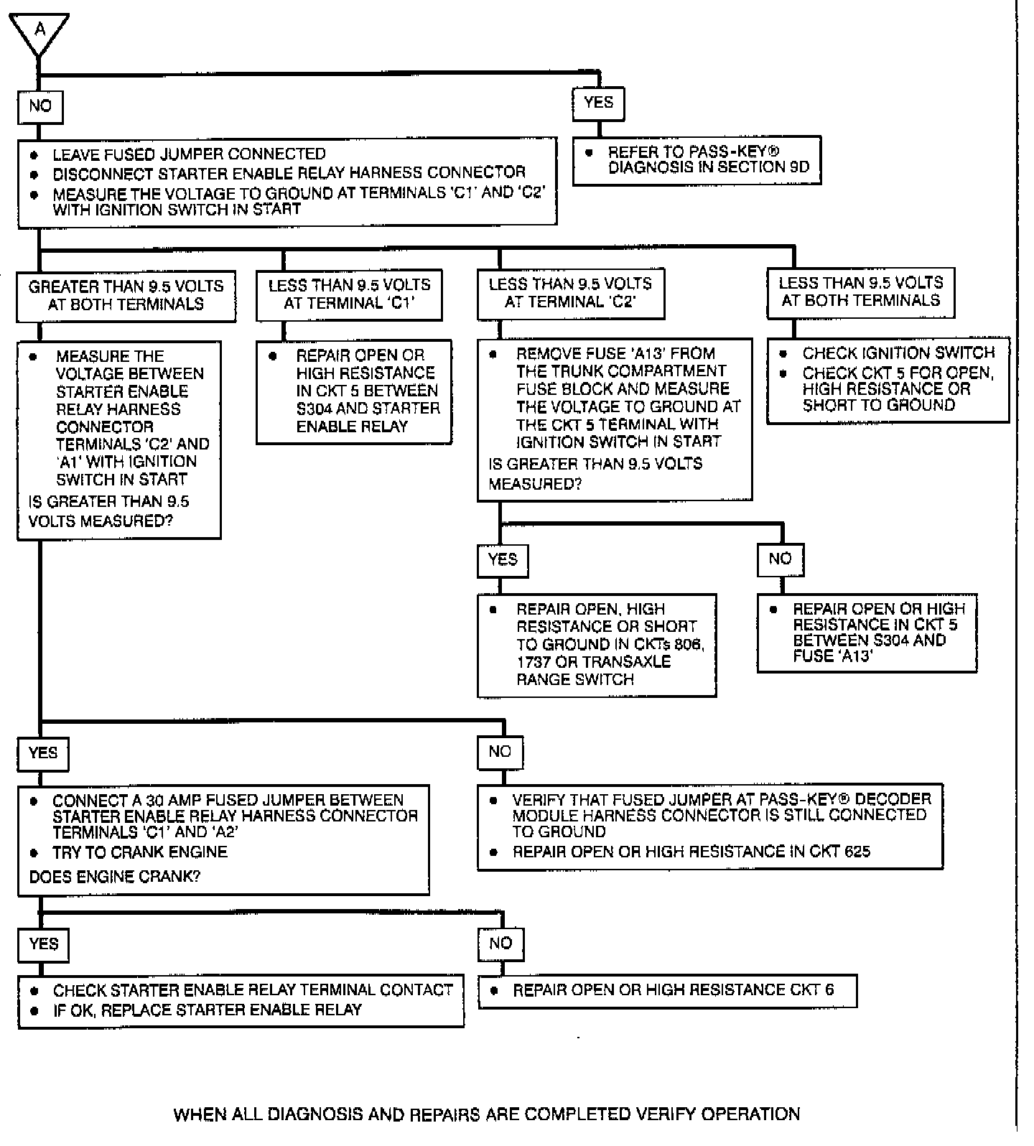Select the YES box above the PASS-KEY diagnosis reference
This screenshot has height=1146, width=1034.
coord(598,103)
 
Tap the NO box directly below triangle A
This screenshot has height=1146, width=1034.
coord(40,106)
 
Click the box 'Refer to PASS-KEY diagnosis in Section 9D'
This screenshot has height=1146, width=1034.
coord(697,160)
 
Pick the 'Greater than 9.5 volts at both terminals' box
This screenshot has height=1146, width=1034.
coord(126,295)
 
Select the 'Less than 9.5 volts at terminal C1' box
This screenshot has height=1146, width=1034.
coord(349,294)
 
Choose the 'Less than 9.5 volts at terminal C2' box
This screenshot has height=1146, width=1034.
coord(570,293)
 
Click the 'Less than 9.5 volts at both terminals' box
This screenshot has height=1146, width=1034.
coord(860,292)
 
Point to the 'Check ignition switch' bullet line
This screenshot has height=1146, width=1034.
coord(898,353)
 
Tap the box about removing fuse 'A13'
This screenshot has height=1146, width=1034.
coord(615,419)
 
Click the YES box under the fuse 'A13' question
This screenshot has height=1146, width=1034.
coord(503,559)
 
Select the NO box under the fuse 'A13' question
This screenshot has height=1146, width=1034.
coord(780,559)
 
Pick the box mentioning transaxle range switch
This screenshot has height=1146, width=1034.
coord(596,644)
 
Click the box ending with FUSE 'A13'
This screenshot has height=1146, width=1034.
coord(867,633)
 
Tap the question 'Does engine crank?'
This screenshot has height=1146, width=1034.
coord(115,877)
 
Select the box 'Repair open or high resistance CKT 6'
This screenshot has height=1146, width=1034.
coord(667,990)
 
